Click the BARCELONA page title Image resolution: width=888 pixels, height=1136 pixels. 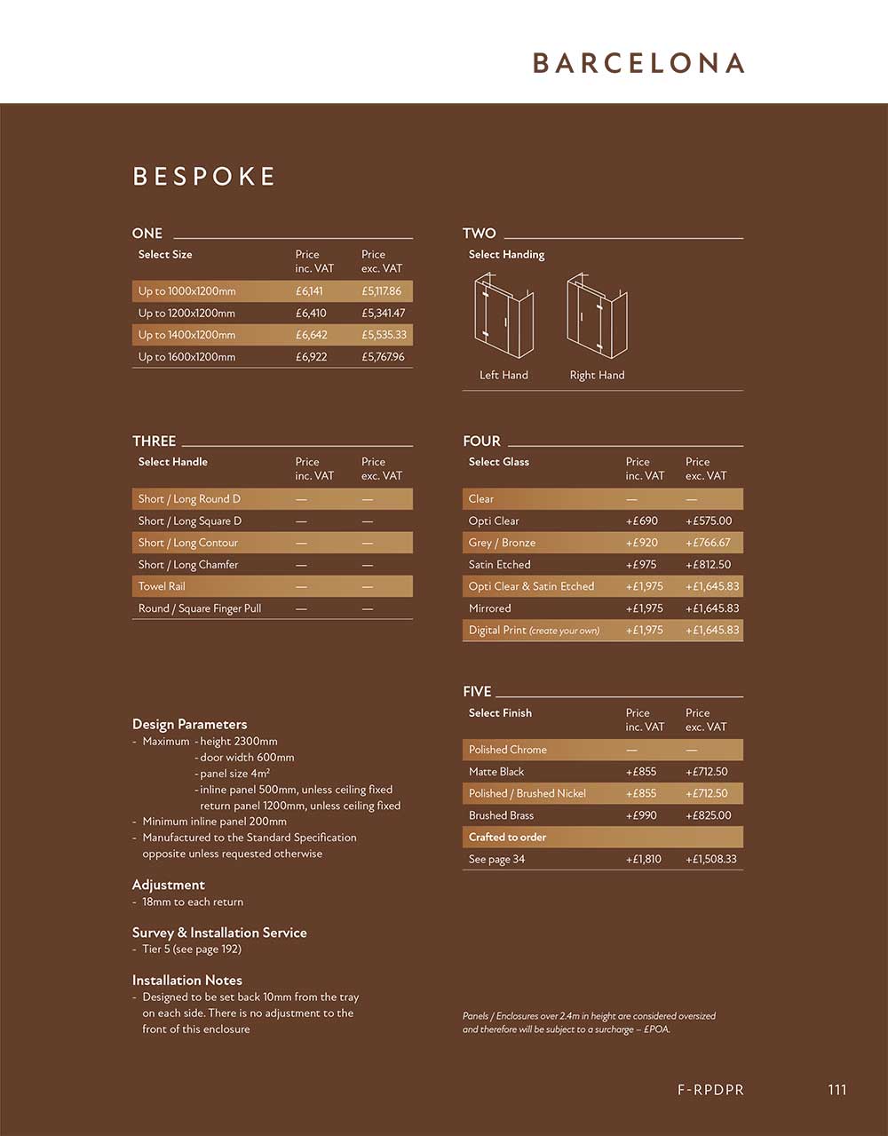638,63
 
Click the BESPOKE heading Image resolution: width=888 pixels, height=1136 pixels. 204,176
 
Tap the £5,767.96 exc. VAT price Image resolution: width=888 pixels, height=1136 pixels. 383,357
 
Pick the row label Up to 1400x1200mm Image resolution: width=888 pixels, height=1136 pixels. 186,335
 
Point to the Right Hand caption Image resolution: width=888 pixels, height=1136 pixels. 597,375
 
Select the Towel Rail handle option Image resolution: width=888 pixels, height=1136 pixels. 162,586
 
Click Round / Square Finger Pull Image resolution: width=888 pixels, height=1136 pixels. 200,608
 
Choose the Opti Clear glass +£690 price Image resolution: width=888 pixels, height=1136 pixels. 641,521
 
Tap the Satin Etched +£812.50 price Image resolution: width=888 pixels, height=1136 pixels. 708,565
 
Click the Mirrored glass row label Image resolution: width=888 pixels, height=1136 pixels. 490,608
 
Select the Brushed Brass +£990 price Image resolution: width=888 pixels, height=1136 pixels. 641,815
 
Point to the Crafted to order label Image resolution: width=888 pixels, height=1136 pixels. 507,838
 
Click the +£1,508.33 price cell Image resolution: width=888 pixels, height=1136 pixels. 710,860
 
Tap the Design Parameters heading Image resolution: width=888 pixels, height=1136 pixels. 189,724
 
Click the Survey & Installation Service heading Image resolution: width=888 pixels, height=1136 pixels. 219,933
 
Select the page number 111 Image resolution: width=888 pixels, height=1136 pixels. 836,1090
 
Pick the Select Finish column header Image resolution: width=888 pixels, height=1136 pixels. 500,713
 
